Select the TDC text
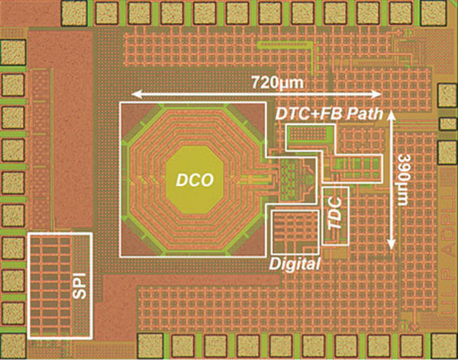(x=335, y=217)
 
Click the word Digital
(x=294, y=264)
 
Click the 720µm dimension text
(x=277, y=81)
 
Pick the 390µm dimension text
(x=404, y=182)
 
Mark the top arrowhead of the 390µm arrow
(x=392, y=113)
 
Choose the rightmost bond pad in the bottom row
(x=411, y=346)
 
